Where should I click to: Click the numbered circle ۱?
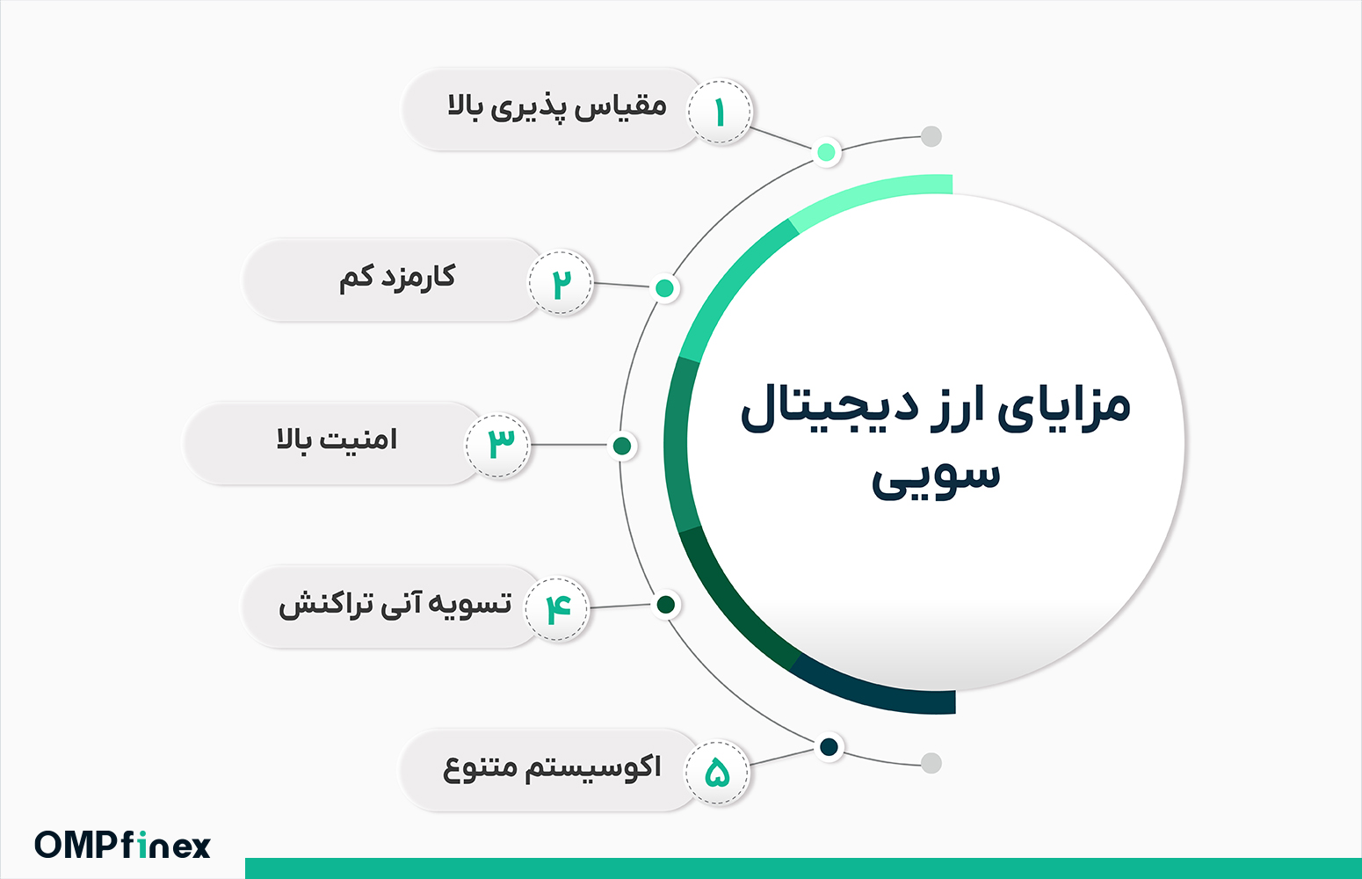tap(720, 113)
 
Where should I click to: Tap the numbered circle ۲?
tap(561, 283)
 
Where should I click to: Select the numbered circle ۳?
tap(498, 445)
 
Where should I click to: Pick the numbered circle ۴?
tap(557, 608)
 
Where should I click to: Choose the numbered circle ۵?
tap(718, 772)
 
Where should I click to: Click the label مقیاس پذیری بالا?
tap(557, 108)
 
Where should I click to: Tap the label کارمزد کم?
tap(397, 278)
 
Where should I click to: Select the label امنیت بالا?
tap(337, 439)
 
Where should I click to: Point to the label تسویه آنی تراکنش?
tap(395, 605)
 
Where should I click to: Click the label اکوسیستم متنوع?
tap(552, 768)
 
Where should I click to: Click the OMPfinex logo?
tap(123, 845)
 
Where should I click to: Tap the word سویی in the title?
tap(936, 478)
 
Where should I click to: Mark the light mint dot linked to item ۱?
tap(826, 152)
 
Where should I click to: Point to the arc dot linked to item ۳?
tap(622, 446)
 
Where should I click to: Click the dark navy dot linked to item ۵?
tap(829, 747)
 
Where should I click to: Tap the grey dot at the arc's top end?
tap(931, 136)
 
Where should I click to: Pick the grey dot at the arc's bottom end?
tap(931, 763)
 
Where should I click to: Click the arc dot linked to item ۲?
tap(665, 288)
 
